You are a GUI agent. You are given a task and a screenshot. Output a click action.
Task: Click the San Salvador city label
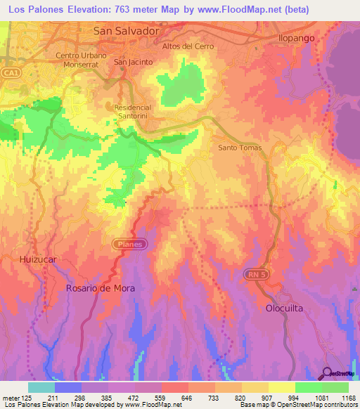click(127, 32)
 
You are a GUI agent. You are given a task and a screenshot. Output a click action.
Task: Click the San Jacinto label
click(133, 62)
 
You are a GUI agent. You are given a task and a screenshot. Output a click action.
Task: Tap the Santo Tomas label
click(240, 148)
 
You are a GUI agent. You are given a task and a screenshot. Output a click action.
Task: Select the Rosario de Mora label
click(100, 288)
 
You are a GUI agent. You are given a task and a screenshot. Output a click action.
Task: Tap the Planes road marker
click(130, 245)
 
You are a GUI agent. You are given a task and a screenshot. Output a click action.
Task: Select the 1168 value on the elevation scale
click(348, 398)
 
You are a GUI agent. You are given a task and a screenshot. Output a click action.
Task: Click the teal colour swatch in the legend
click(41, 387)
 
